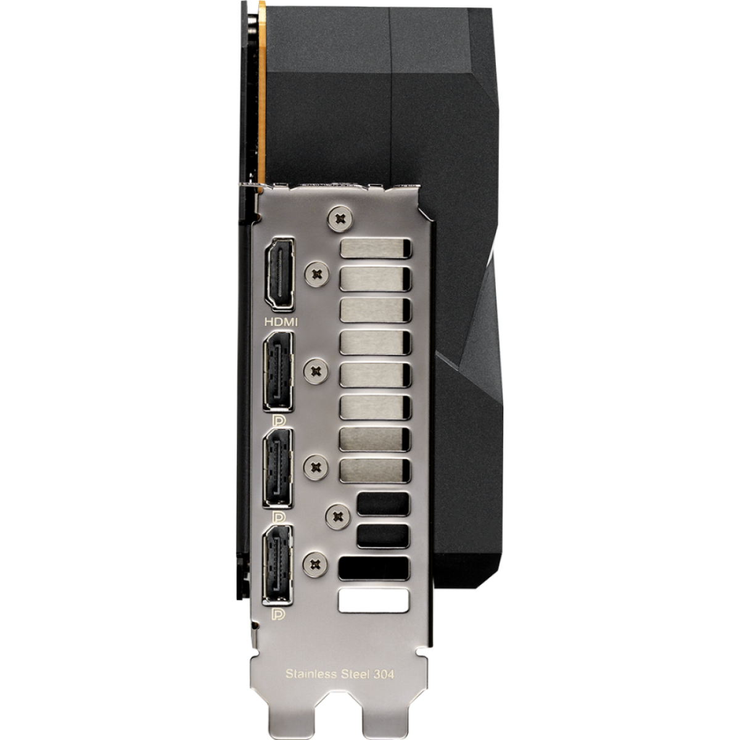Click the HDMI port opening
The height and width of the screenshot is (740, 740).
pyautogui.click(x=281, y=274)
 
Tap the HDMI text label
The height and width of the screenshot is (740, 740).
pyautogui.click(x=281, y=322)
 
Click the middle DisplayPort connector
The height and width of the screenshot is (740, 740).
pyautogui.click(x=278, y=469)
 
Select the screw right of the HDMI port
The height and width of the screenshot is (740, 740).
pyautogui.click(x=317, y=274)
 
